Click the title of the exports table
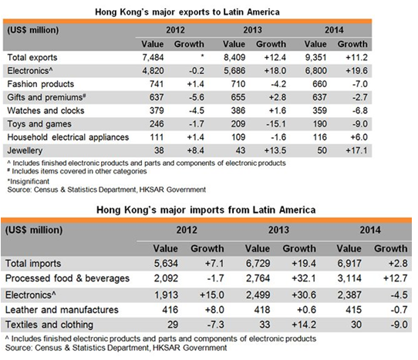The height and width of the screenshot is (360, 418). tap(187, 12)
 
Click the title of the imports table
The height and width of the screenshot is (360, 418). tap(206, 210)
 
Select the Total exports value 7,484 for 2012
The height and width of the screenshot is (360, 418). tap(153, 58)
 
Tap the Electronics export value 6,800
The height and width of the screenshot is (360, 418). tap(315, 71)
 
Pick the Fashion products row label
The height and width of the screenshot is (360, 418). tap(41, 84)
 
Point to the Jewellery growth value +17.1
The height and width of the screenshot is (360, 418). tap(356, 150)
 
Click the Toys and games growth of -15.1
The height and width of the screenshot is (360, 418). tap(275, 124)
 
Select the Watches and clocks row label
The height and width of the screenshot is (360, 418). tap(46, 110)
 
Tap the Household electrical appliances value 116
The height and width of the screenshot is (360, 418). tap(319, 137)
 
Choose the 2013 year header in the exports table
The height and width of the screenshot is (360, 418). tap(252, 30)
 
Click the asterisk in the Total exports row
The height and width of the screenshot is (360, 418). tap(202, 56)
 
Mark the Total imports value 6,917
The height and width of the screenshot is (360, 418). tap(349, 264)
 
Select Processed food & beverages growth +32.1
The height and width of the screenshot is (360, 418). tap(304, 278)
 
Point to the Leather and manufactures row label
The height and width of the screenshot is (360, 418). tap(62, 310)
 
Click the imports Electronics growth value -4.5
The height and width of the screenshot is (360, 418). tap(399, 295)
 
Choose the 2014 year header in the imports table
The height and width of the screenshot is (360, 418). tap(370, 230)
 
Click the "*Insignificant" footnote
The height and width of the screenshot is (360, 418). tap(29, 181)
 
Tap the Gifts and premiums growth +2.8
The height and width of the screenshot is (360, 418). tap(277, 97)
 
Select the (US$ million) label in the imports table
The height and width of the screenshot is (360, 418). tap(34, 230)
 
